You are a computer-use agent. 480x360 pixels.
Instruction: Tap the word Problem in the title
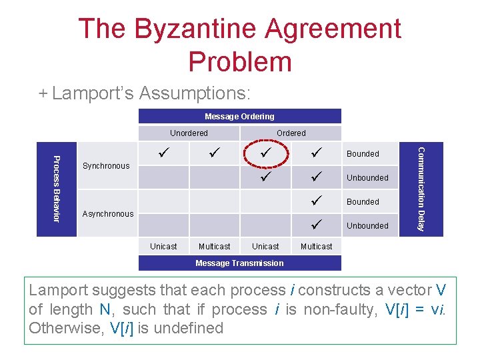(240, 61)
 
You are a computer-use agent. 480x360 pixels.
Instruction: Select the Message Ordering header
(239, 117)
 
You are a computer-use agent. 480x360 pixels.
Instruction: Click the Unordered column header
(189, 133)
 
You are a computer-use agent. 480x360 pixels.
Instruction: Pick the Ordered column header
(291, 133)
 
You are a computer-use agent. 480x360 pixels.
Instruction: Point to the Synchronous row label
(106, 166)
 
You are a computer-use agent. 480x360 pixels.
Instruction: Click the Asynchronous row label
(107, 214)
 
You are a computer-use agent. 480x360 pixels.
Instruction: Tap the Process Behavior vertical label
(57, 188)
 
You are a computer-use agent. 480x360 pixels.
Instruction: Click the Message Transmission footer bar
(239, 263)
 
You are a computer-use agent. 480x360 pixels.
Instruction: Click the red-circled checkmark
(266, 154)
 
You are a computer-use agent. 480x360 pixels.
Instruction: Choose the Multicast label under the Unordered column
(214, 247)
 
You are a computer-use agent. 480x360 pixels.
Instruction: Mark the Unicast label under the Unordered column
(163, 247)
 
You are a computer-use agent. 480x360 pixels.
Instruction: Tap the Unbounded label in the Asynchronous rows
(367, 226)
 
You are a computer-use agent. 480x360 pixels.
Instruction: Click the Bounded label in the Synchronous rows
(363, 154)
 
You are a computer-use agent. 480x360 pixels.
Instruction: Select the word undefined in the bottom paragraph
(191, 328)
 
